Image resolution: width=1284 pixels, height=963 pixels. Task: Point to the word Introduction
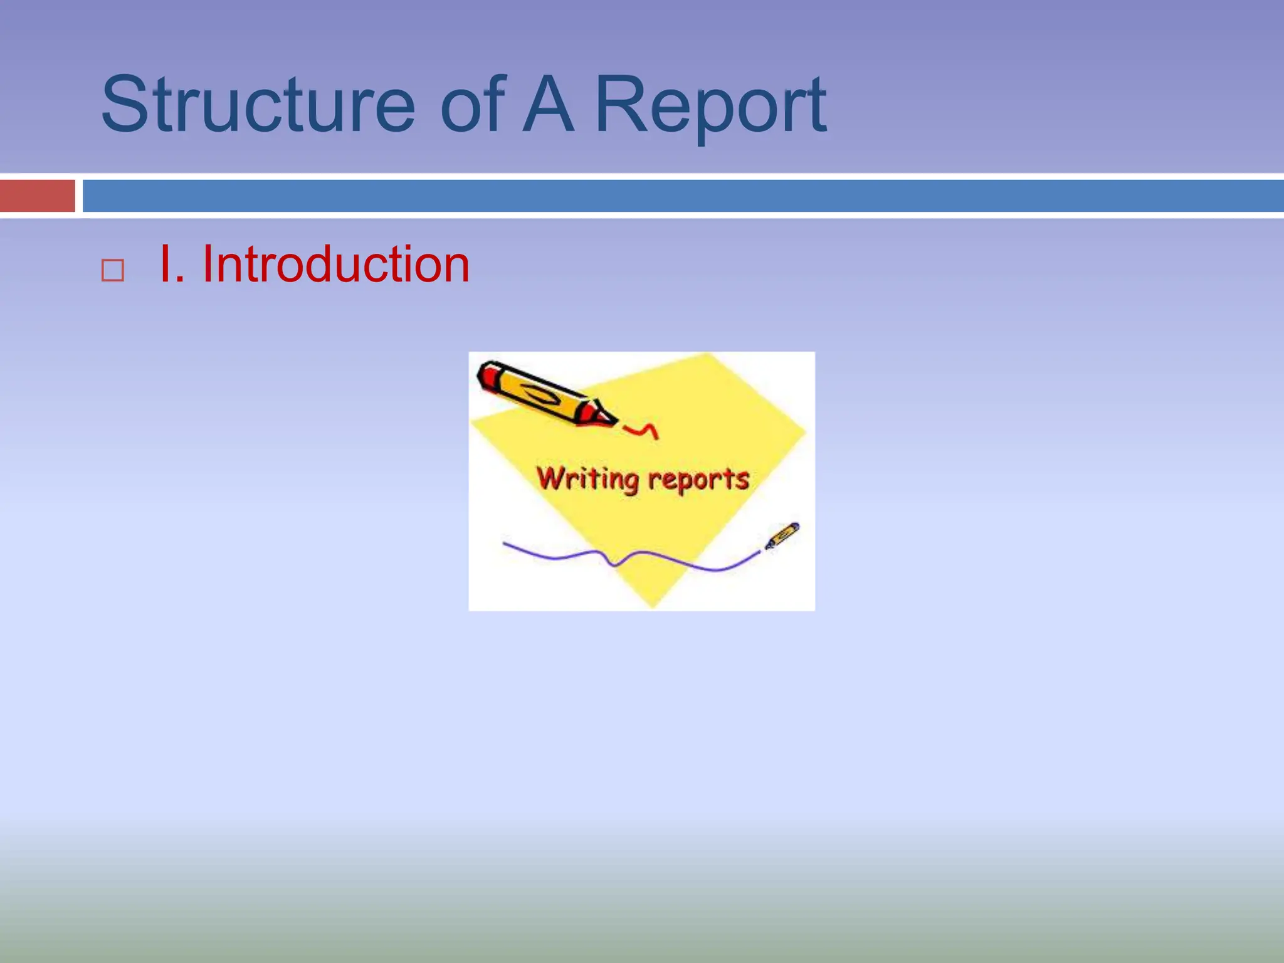click(x=335, y=265)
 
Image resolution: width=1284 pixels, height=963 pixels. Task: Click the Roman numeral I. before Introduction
click(x=171, y=265)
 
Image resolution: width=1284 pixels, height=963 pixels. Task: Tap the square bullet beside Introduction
click(x=113, y=271)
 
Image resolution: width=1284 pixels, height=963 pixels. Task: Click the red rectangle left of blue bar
click(x=37, y=196)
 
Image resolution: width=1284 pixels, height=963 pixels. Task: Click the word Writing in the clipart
click(x=587, y=479)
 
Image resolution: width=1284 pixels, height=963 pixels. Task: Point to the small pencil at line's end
click(x=782, y=535)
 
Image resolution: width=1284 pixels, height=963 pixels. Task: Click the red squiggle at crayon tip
click(x=642, y=430)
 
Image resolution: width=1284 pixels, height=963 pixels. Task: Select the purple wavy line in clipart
click(x=627, y=556)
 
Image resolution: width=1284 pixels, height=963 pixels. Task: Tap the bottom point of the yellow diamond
click(x=652, y=603)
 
